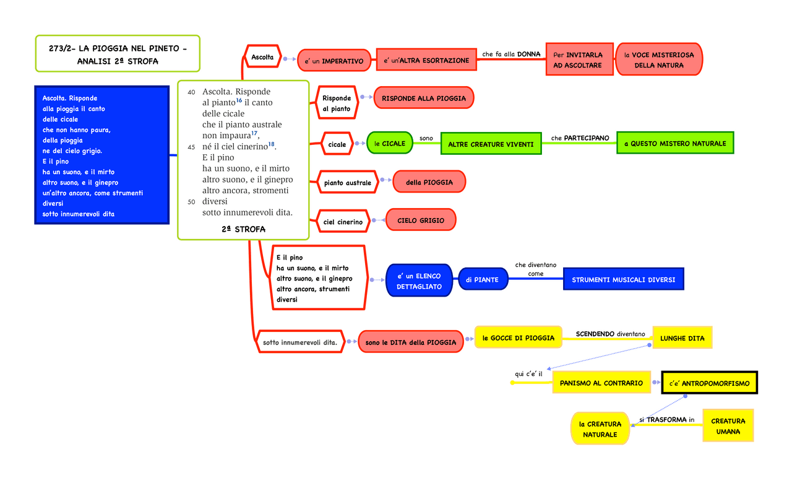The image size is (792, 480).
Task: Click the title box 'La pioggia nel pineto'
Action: pos(118,54)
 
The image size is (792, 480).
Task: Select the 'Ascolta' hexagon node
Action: pos(262,57)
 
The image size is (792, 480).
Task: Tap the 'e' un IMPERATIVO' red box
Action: pos(334,60)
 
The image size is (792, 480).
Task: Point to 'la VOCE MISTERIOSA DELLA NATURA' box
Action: pos(658,59)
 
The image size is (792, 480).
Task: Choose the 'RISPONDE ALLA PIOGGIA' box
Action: pos(423,98)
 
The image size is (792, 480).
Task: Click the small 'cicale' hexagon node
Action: pos(337,144)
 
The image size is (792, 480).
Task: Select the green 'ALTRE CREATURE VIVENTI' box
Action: pos(491,144)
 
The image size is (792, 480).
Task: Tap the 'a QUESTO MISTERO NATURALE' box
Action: pos(674,143)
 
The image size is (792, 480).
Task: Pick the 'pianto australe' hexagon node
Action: pos(347,183)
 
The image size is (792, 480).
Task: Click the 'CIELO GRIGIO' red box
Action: pos(416,220)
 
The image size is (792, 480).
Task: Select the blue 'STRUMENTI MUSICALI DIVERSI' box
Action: pos(623,279)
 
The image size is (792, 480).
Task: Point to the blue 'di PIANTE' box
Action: pos(482,280)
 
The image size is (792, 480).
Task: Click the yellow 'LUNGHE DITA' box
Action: pos(682,338)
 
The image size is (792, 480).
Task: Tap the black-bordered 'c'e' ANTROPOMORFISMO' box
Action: pos(708,383)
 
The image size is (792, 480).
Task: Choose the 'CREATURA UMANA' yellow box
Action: pos(728,426)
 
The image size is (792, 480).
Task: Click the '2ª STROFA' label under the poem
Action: pos(243,229)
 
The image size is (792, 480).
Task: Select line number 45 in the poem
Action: pos(191,147)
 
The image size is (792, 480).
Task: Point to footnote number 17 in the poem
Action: pos(254,133)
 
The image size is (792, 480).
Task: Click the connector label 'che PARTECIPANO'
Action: pos(580,137)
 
